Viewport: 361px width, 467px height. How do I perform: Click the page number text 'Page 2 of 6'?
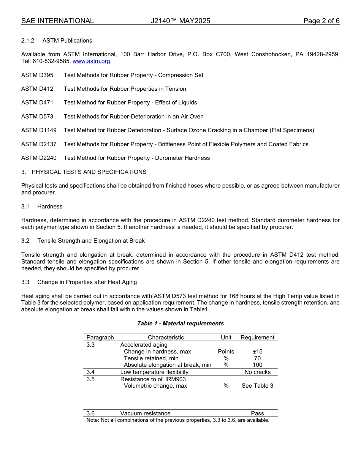[321, 21]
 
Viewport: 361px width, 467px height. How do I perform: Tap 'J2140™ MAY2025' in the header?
[180, 21]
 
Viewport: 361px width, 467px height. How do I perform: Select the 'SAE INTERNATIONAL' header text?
[57, 21]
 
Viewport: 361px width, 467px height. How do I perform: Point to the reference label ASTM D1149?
[39, 130]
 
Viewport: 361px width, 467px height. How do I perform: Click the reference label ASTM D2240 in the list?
[39, 158]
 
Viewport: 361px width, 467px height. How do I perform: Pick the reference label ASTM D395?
[37, 75]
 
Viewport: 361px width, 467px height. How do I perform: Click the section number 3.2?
[25, 241]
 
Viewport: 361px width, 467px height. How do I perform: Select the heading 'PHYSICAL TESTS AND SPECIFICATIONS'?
[89, 172]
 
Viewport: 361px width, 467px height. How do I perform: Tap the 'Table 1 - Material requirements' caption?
[180, 323]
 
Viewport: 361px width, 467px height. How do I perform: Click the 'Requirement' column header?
[257, 338]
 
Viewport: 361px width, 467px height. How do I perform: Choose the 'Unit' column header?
[226, 338]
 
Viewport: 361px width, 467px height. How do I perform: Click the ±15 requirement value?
[257, 352]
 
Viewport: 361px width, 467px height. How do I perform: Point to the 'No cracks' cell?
[257, 372]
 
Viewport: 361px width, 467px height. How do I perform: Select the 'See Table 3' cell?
[257, 386]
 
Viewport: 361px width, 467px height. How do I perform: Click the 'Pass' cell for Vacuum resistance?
[257, 413]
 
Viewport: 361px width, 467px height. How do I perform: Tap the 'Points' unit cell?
[226, 352]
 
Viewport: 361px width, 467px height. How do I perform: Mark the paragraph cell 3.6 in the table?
[91, 413]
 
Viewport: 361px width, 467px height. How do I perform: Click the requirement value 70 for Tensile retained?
[257, 358]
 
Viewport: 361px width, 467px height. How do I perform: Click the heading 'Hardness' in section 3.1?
[50, 207]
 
